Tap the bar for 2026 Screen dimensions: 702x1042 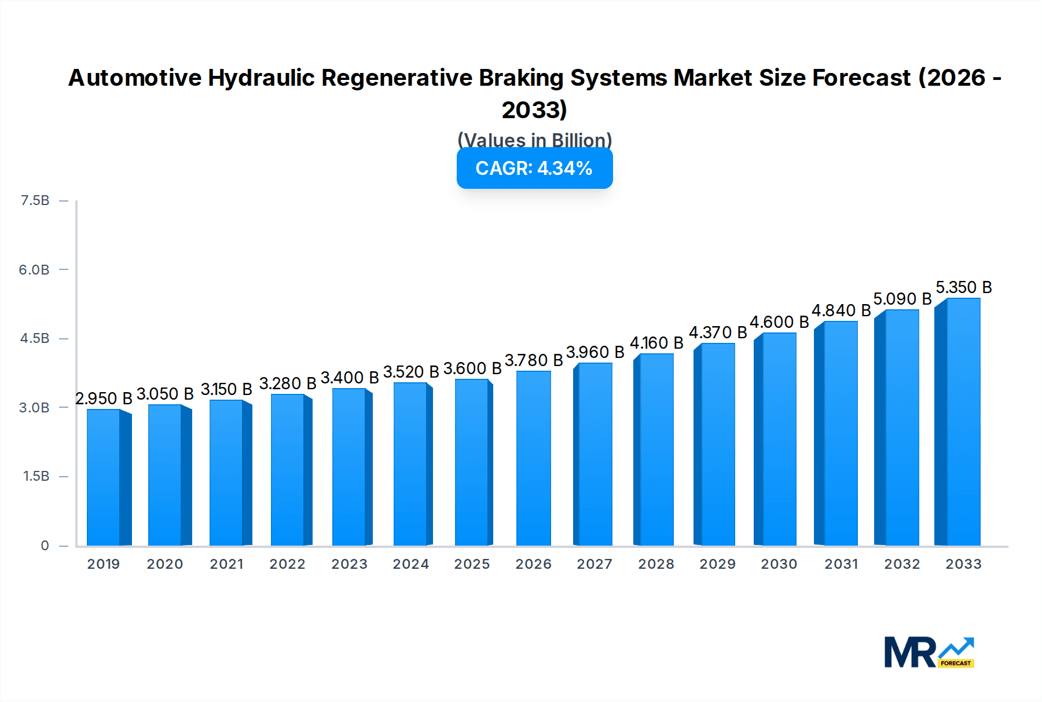(x=533, y=458)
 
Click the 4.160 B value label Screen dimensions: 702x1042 (x=656, y=343)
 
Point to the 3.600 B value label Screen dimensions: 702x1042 (x=472, y=369)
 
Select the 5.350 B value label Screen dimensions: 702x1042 (x=964, y=288)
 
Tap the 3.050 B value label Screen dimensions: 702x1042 (x=165, y=394)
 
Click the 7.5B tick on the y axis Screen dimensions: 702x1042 (x=35, y=200)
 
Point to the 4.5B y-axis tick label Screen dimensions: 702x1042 (x=35, y=338)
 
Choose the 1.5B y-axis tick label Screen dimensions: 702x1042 (x=36, y=476)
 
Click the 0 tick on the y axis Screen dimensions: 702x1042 (x=45, y=546)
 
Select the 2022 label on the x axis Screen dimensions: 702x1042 (x=287, y=564)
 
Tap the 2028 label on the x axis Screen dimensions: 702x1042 (x=656, y=564)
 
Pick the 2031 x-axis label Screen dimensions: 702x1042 (x=841, y=564)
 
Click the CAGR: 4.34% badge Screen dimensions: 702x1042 (x=534, y=169)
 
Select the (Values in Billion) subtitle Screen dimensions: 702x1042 (x=534, y=140)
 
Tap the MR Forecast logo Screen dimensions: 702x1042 (x=929, y=652)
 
